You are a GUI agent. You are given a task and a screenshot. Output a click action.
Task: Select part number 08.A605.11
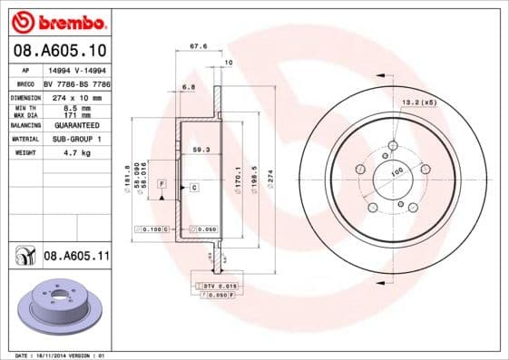[76, 258]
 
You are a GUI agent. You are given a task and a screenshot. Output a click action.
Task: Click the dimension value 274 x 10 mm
[78, 95]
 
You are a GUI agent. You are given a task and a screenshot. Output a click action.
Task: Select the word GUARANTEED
[76, 125]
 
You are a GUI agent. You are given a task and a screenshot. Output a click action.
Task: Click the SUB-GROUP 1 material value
[76, 139]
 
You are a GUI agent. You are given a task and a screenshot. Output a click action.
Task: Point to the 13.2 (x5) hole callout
[420, 102]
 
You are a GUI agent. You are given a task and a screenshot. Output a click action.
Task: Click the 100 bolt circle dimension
[396, 172]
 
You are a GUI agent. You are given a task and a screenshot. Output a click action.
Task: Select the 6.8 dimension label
[189, 87]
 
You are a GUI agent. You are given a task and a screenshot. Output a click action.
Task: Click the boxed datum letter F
[162, 184]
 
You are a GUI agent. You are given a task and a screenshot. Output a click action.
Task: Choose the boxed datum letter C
[193, 187]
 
